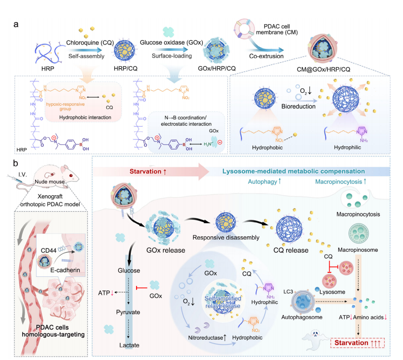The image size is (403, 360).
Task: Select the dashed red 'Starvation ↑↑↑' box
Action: point(357,344)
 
